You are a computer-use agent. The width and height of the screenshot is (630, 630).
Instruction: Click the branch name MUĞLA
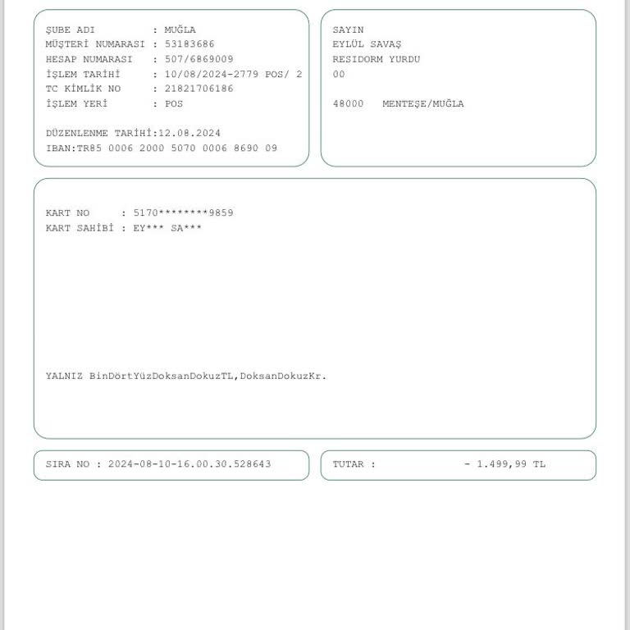180,30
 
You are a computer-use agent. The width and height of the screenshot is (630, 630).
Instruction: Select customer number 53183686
189,44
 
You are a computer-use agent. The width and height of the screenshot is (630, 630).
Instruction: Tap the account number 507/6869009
199,59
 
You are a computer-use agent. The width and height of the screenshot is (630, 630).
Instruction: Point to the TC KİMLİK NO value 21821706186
199,89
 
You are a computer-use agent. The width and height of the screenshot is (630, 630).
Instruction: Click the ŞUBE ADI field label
71,30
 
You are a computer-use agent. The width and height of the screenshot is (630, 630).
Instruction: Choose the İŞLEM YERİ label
77,103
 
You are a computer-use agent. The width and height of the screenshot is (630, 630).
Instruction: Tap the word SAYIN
348,30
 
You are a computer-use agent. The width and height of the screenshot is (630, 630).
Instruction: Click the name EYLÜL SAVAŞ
367,44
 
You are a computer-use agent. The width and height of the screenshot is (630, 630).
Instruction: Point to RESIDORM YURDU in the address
376,59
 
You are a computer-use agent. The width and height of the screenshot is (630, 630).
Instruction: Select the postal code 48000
348,103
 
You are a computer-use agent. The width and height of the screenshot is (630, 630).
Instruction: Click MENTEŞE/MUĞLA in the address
422,103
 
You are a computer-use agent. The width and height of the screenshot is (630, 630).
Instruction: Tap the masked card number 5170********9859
183,212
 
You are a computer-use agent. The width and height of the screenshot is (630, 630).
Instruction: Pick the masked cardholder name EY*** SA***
167,227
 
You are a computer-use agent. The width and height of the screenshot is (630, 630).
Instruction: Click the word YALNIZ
64,376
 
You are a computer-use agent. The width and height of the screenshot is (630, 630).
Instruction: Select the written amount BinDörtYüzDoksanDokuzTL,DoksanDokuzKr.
208,376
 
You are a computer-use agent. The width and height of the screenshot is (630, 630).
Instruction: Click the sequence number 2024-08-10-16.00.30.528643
189,464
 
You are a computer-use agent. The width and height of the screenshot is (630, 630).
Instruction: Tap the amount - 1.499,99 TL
504,464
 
